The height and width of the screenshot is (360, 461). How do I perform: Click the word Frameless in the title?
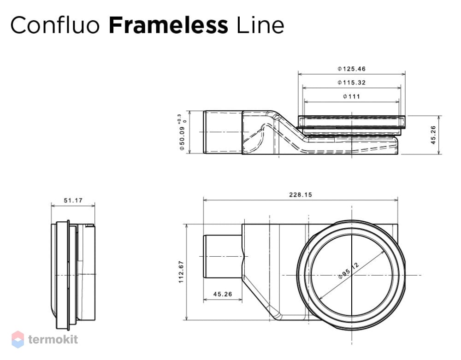point(168,25)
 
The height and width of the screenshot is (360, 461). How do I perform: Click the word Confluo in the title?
point(55,25)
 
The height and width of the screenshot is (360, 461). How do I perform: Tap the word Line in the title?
point(260,25)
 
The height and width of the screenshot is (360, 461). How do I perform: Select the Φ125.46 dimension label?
point(351,69)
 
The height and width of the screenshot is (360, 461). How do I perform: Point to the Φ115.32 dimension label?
point(351,83)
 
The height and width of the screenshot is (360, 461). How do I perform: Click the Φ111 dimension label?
point(351,96)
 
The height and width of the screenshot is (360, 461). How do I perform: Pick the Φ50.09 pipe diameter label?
point(182,138)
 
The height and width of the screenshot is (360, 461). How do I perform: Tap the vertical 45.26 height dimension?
point(433,135)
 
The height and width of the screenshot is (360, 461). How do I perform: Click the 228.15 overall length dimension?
point(301,195)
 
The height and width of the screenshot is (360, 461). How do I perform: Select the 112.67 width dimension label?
point(181,272)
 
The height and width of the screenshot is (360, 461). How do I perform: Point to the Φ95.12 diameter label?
point(349,271)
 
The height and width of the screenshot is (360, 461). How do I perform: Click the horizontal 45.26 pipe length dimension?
point(223,294)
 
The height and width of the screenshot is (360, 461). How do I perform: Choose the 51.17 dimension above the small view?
point(73,201)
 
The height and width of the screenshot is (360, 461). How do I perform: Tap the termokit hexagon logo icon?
point(18,339)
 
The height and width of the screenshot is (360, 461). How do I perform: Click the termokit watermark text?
point(53,339)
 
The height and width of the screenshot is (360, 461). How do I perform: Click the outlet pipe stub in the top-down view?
point(223,256)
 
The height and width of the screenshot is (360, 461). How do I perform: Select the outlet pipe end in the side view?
point(223,132)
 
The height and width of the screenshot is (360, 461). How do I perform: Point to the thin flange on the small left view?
point(68,275)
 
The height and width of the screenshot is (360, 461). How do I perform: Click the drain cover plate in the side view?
point(352,121)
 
